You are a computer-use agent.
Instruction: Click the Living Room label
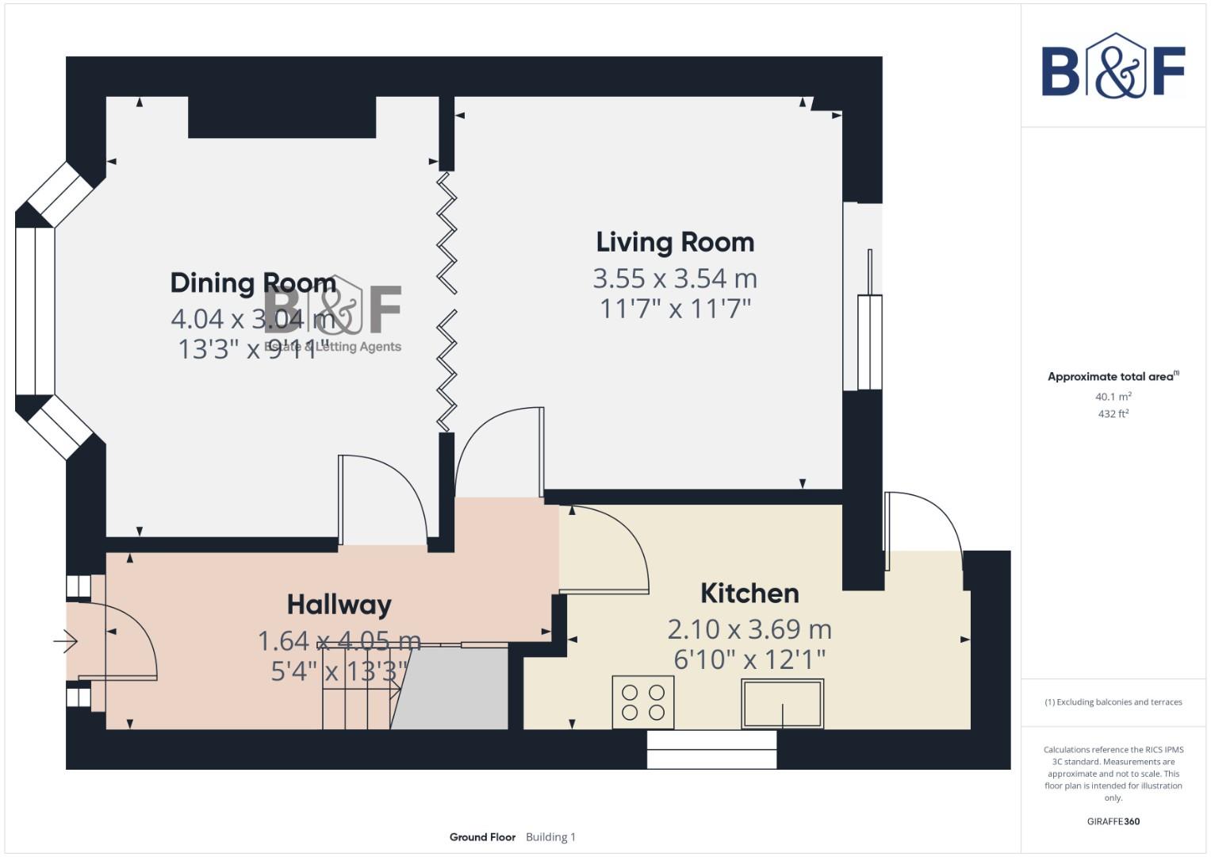coord(675,242)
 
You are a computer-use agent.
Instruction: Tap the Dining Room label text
coord(253,282)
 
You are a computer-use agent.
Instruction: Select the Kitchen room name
coord(749,593)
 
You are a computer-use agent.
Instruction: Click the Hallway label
coord(339,605)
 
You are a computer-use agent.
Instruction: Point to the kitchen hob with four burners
coord(643,702)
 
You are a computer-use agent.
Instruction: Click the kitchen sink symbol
coord(782,703)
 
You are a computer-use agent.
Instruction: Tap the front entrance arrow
coord(67,640)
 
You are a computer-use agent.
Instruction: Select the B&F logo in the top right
coord(1113,67)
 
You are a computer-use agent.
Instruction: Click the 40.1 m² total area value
coord(1113,397)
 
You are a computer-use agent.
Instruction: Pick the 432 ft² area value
coord(1113,414)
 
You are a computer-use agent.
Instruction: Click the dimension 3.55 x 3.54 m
coord(675,279)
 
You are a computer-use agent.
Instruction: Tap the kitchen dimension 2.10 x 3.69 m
coord(749,629)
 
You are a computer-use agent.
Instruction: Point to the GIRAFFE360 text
coord(1113,821)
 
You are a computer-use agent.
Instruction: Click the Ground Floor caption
coord(482,837)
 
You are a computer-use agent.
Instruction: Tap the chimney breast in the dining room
coord(282,117)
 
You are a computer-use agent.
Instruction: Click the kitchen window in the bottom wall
coord(711,749)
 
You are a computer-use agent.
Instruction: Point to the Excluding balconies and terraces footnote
coord(1113,702)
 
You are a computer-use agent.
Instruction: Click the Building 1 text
coord(550,837)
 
